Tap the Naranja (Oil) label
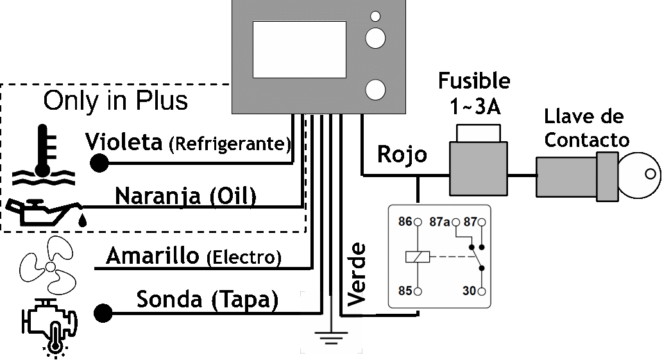[186, 196]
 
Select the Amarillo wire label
[152, 256]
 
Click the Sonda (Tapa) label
[207, 300]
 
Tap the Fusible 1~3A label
[474, 93]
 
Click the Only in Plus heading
[115, 101]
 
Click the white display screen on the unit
[299, 49]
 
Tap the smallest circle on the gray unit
[376, 16]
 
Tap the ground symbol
[331, 336]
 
